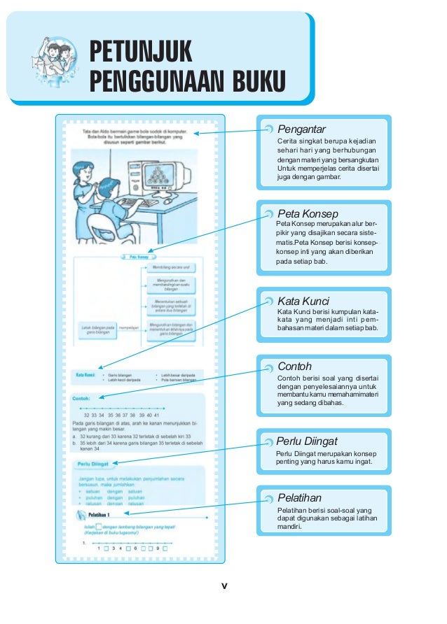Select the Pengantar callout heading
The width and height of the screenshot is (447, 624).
(x=301, y=129)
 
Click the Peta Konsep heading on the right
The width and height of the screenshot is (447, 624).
(x=308, y=213)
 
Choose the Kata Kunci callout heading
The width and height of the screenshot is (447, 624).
(x=303, y=301)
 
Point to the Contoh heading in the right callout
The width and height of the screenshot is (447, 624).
(x=295, y=366)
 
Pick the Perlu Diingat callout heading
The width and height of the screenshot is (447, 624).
(x=308, y=441)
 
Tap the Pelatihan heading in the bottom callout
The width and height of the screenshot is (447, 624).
(x=300, y=497)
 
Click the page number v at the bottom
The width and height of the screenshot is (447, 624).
(x=224, y=586)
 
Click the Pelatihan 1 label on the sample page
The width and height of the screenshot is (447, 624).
(x=109, y=515)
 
